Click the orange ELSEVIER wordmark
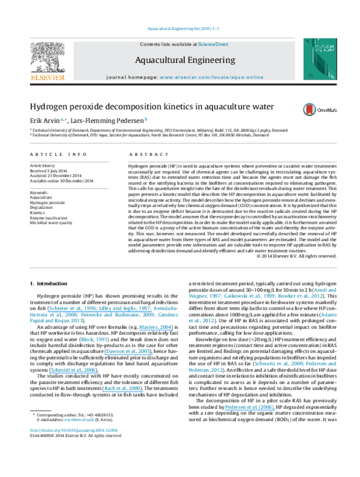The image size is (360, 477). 47,77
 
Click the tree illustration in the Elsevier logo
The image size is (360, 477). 47,56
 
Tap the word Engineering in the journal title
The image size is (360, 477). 209,60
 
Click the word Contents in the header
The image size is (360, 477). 149,44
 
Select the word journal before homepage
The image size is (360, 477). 116,77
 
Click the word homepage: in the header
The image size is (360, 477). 143,77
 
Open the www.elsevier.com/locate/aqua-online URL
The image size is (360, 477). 211,77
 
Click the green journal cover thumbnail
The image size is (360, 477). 319,59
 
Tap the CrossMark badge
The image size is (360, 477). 319,110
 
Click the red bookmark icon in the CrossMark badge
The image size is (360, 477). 310,110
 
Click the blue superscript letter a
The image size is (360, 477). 62,119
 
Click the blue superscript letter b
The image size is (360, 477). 146,119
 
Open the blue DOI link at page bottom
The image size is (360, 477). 74,430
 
